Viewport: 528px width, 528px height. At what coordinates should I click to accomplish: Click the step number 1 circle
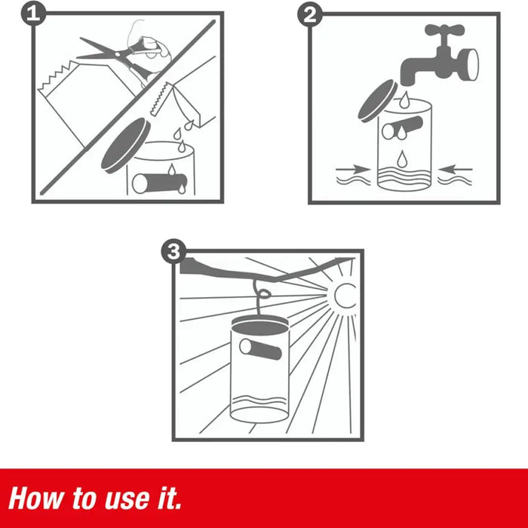(33, 14)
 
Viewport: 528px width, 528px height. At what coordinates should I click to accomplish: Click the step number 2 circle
(310, 14)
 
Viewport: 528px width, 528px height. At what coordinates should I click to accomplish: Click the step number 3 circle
(173, 251)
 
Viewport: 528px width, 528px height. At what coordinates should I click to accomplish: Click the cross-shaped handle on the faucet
(444, 30)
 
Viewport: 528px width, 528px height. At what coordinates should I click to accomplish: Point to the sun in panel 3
(344, 296)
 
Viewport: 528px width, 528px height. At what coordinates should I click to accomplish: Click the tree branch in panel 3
(266, 269)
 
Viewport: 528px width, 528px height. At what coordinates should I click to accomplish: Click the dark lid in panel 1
(126, 146)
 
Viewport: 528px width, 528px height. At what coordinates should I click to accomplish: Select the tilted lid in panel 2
(378, 101)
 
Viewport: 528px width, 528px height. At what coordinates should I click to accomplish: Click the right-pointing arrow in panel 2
(354, 169)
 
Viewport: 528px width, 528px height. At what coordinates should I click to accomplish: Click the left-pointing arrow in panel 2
(455, 169)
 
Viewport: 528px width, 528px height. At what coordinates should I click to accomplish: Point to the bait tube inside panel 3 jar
(261, 349)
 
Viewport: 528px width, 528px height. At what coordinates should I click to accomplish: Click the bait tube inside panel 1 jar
(160, 183)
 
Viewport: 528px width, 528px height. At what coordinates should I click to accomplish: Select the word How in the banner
(36, 499)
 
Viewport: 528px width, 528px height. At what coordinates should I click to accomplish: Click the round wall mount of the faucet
(468, 65)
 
